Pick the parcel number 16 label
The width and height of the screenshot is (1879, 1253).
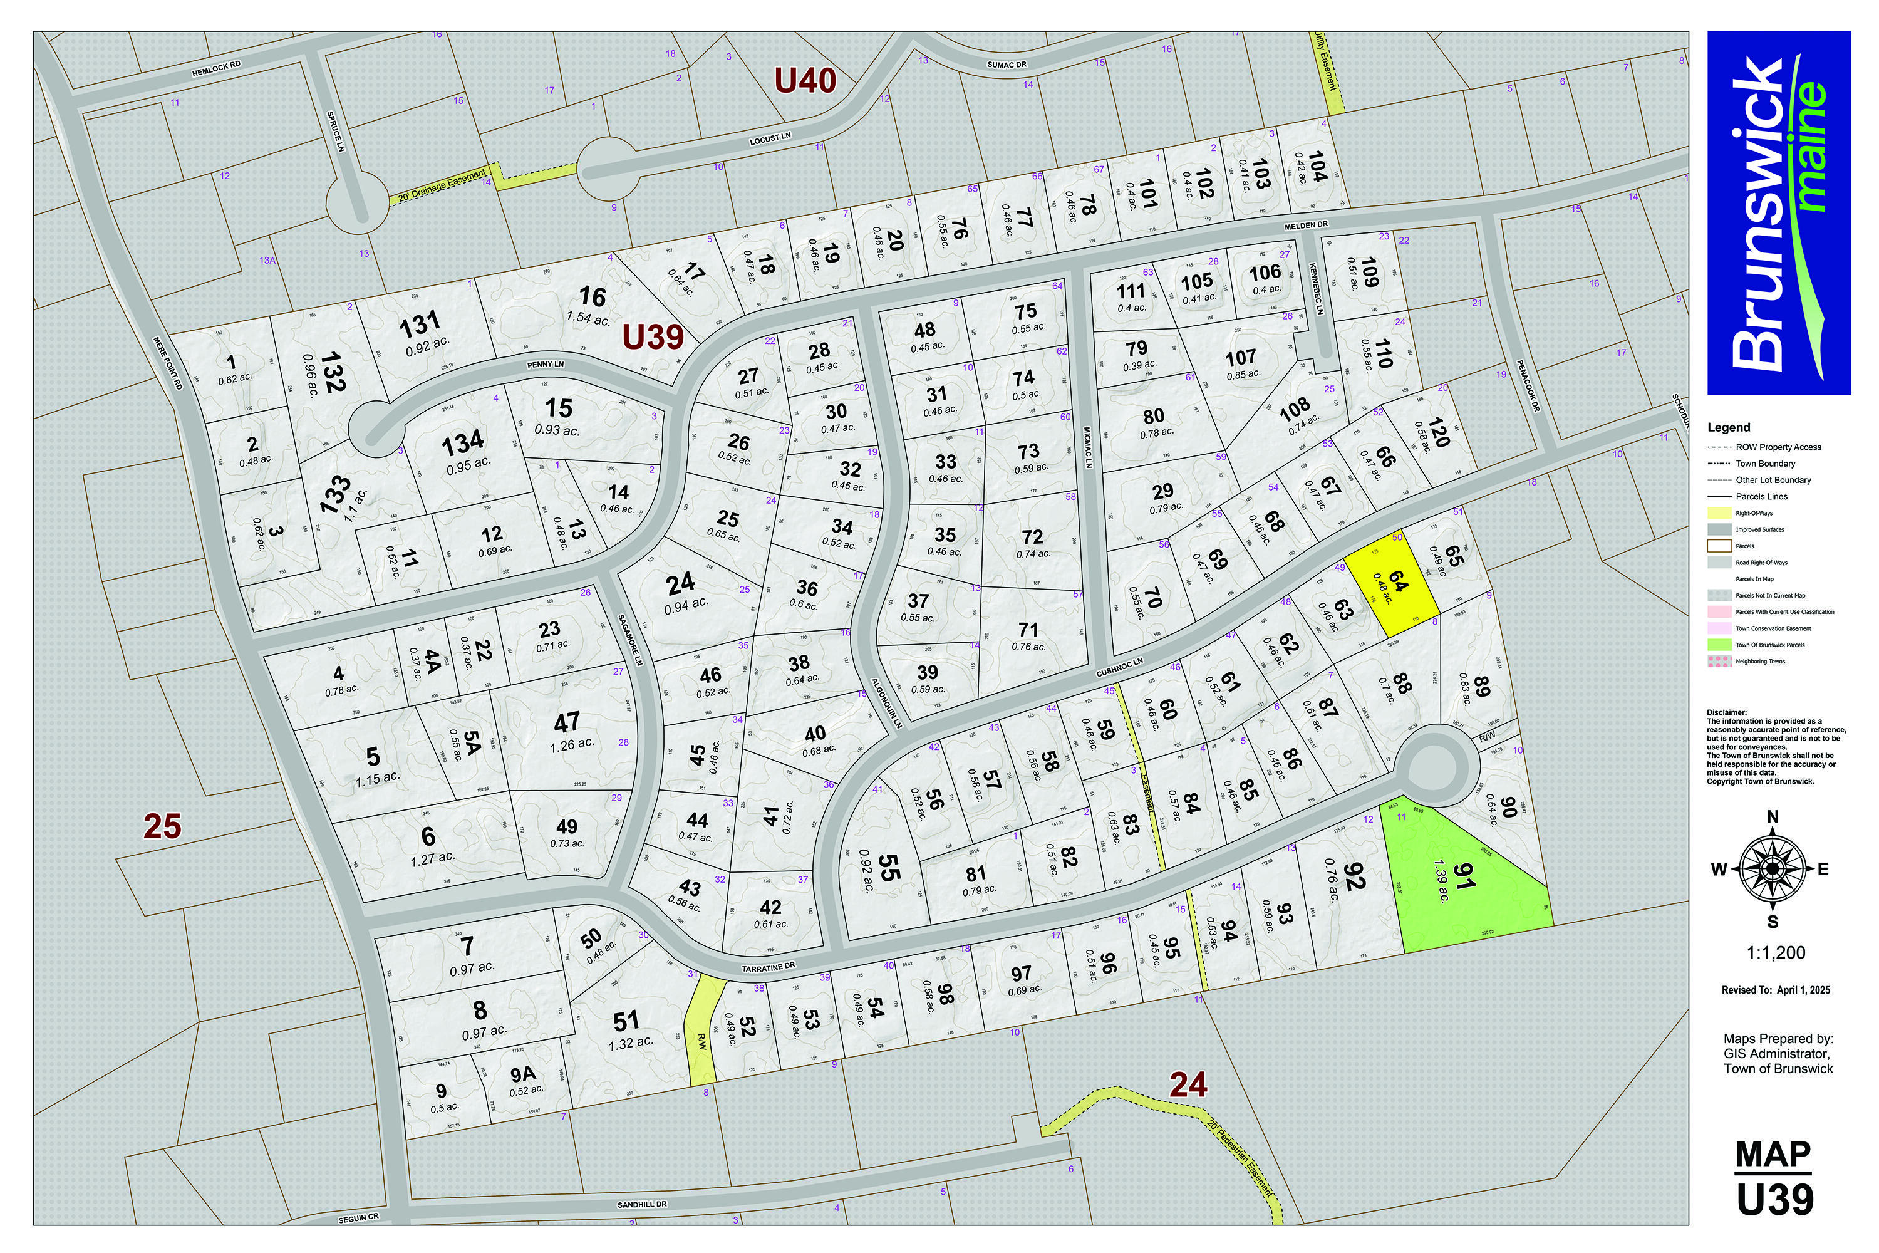click(x=592, y=297)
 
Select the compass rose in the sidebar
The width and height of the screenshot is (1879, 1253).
click(x=1772, y=868)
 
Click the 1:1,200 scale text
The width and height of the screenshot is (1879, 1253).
click(x=1775, y=952)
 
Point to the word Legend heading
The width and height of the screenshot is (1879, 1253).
click(x=1729, y=427)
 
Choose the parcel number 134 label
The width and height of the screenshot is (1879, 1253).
click(x=463, y=441)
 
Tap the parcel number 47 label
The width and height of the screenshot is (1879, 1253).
click(x=566, y=722)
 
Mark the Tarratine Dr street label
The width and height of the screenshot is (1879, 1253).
click(x=769, y=966)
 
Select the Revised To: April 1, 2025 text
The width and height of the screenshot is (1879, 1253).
click(x=1775, y=990)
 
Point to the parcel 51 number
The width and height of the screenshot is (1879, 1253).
click(x=626, y=1021)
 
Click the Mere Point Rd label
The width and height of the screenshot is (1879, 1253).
click(x=168, y=363)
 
